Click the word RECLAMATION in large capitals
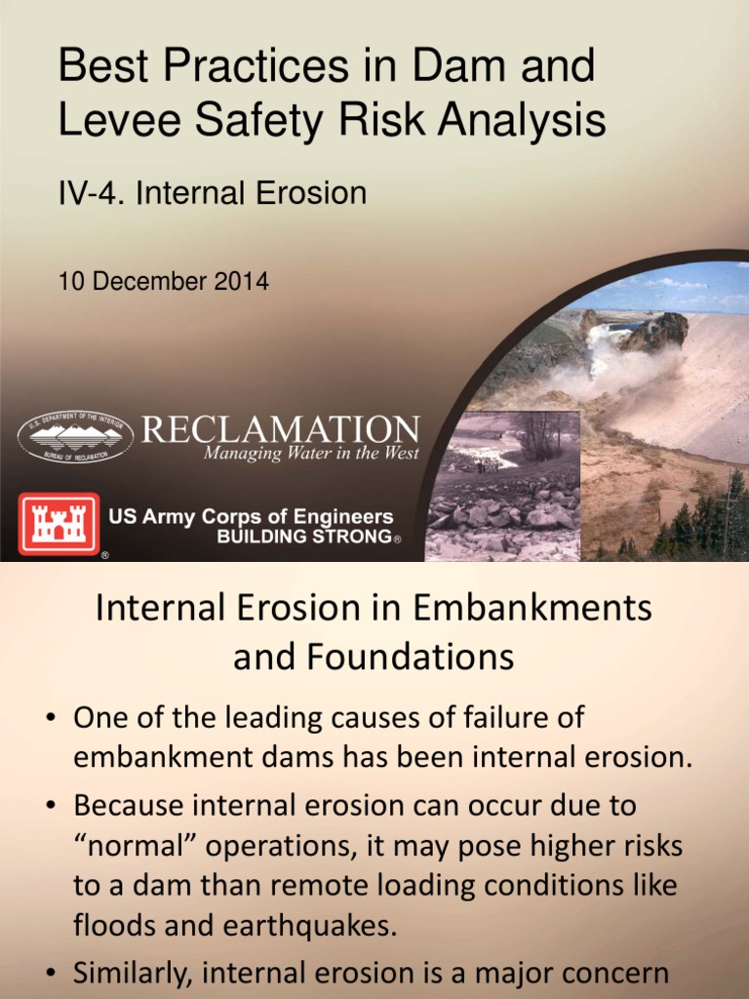tap(281, 429)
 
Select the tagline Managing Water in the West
tap(311, 454)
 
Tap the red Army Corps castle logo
tap(59, 524)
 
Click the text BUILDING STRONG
tap(302, 538)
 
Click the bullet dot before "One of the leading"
tap(50, 720)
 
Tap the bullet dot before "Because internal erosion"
tap(50, 806)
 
